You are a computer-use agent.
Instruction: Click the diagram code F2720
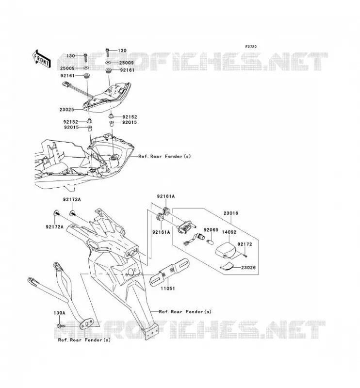[251, 47]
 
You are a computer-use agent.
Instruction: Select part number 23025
[67, 110]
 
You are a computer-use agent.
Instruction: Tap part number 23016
[230, 213]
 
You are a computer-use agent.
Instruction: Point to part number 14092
[229, 232]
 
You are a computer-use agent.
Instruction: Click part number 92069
[211, 230]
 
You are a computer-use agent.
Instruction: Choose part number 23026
[248, 268]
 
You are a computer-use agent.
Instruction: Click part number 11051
[167, 288]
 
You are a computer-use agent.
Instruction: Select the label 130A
[59, 313]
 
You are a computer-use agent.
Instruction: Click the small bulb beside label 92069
[210, 241]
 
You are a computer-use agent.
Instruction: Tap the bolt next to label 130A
[61, 326]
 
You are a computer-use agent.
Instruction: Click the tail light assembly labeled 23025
[106, 97]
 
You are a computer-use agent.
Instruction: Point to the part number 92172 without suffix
[245, 244]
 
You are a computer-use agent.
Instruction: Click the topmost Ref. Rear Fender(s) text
[164, 156]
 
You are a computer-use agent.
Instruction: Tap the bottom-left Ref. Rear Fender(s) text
[84, 340]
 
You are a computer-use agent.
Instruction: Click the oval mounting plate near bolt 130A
[86, 324]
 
